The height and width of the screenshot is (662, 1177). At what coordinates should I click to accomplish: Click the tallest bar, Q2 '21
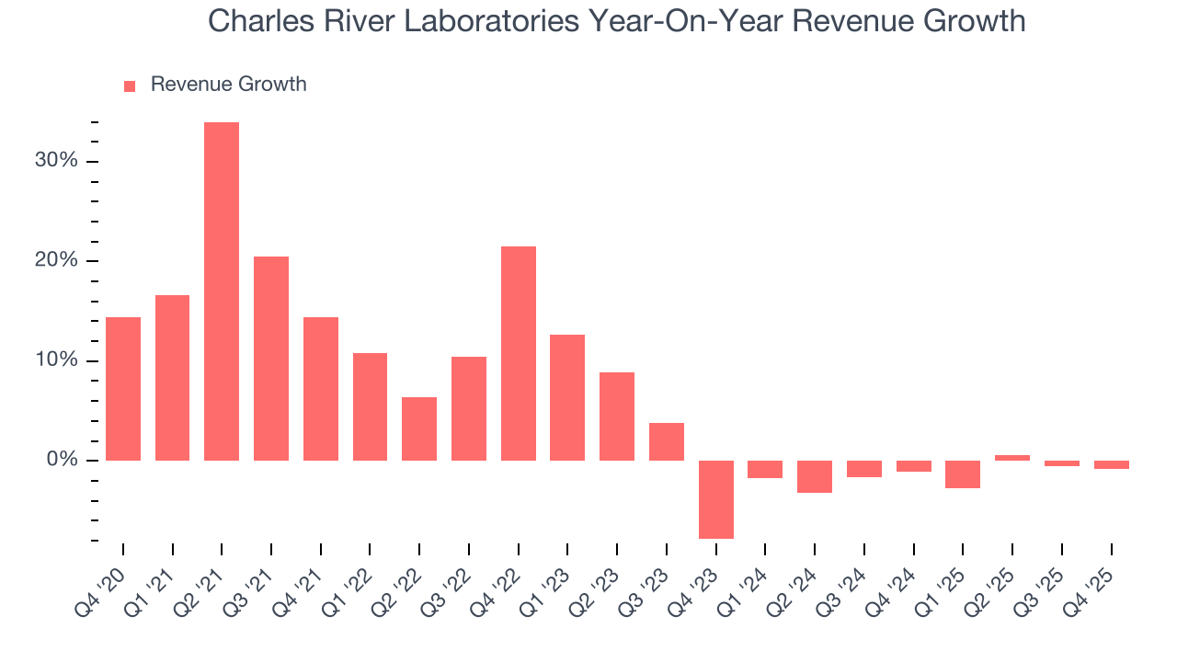222,291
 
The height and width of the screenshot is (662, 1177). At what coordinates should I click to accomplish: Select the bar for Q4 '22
519,353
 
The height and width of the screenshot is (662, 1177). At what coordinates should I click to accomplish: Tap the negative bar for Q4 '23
716,499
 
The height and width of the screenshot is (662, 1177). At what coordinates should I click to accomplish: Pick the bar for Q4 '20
123,388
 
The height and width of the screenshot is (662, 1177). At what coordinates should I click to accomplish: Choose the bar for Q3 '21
271,358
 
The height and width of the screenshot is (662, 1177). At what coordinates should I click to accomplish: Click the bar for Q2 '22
419,428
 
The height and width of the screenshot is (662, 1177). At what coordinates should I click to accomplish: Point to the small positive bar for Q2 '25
1012,457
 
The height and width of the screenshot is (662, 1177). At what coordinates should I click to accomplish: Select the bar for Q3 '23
667,441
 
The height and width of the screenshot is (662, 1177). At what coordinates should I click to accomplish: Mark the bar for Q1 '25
963,474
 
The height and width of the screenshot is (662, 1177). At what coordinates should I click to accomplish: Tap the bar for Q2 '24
815,476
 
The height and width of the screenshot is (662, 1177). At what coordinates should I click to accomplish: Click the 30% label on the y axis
57,161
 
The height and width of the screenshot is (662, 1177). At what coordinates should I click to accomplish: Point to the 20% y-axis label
57,260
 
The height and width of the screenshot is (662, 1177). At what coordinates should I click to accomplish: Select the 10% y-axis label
57,360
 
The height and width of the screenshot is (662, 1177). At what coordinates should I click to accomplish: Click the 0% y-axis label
62,460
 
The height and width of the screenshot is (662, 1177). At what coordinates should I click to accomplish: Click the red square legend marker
130,86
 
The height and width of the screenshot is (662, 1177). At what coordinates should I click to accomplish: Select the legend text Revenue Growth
228,85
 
